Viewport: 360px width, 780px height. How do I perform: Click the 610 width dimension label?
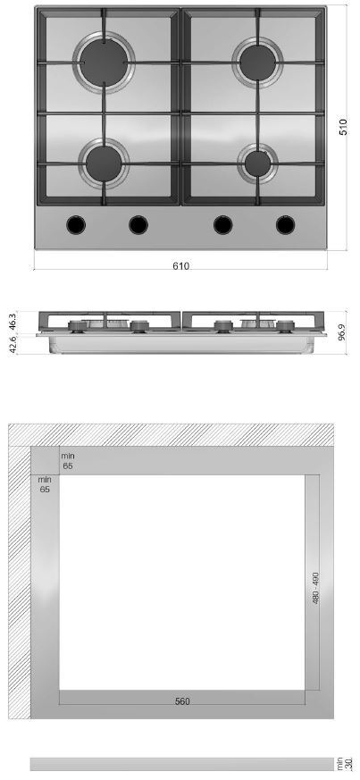(181, 266)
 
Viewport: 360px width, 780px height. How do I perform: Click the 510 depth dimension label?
(344, 127)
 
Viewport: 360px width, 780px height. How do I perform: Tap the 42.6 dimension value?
(13, 345)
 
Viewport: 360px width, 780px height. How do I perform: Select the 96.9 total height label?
(341, 331)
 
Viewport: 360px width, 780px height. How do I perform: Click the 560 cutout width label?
(182, 701)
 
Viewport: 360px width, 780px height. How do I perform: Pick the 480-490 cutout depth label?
(315, 588)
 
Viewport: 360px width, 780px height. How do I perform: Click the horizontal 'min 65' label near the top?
(67, 461)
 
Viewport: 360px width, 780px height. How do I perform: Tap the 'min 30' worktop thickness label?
(347, 764)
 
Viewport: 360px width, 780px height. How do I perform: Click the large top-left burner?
(104, 63)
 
